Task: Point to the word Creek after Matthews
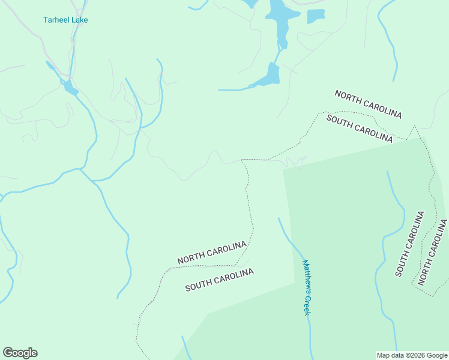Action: (x=307, y=305)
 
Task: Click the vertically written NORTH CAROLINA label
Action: (x=433, y=252)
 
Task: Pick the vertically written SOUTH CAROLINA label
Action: (x=409, y=244)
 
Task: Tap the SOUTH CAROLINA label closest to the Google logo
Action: (x=219, y=280)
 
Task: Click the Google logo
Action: (x=20, y=353)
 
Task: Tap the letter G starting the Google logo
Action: (x=8, y=352)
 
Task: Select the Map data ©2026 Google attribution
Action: (x=412, y=355)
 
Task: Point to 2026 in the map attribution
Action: (x=418, y=355)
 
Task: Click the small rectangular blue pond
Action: (x=316, y=16)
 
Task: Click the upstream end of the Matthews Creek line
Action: (x=279, y=218)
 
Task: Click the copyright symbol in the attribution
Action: (x=402, y=355)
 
